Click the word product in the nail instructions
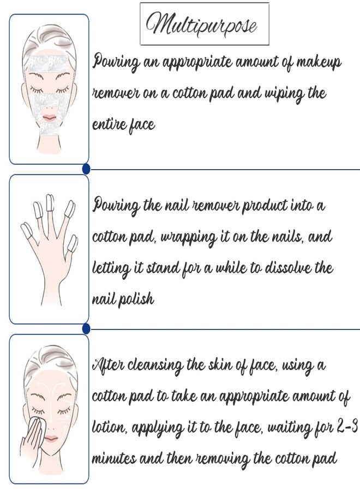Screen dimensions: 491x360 (262, 206)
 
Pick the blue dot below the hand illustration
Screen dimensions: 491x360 (86, 328)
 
